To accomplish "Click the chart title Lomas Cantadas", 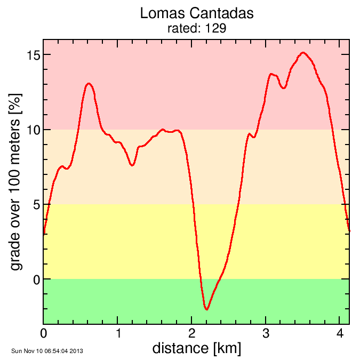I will coord(197,13).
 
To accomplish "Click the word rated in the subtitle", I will coord(182,28).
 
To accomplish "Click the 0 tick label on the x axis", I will coord(44,334).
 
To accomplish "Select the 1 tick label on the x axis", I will coord(118,334).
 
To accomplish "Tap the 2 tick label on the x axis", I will coord(192,334).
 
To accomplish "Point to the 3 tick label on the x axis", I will coord(266,334).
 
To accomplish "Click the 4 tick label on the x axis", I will coord(340,334).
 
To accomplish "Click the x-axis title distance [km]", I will coord(196,348).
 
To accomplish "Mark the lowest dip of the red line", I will coord(206,309).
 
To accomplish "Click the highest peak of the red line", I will coord(303,53).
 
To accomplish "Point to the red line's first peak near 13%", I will coord(89,84).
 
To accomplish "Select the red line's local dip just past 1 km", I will coord(132,165).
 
